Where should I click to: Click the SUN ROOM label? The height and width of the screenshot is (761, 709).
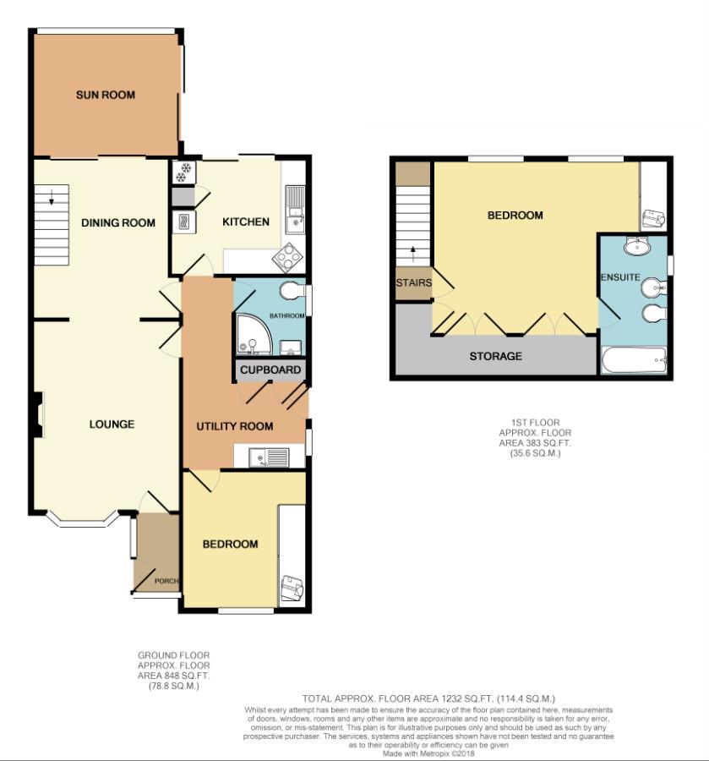pyautogui.click(x=106, y=95)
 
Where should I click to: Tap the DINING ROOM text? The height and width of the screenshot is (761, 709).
pyautogui.click(x=118, y=222)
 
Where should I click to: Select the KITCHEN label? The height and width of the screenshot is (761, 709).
pyautogui.click(x=245, y=222)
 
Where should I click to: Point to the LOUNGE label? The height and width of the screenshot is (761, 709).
pyautogui.click(x=112, y=424)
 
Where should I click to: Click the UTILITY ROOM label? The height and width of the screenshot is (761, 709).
pyautogui.click(x=235, y=426)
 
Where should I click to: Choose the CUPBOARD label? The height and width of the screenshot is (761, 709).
pyautogui.click(x=270, y=370)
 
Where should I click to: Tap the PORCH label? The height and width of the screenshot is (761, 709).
pyautogui.click(x=165, y=581)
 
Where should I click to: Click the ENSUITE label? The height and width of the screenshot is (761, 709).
pyautogui.click(x=619, y=277)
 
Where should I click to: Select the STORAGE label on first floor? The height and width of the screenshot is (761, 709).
pyautogui.click(x=495, y=356)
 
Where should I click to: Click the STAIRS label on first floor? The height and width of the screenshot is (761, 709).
pyautogui.click(x=413, y=282)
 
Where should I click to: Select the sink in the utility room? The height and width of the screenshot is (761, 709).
pyautogui.click(x=269, y=457)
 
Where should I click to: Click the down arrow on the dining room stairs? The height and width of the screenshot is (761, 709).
pyautogui.click(x=52, y=201)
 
